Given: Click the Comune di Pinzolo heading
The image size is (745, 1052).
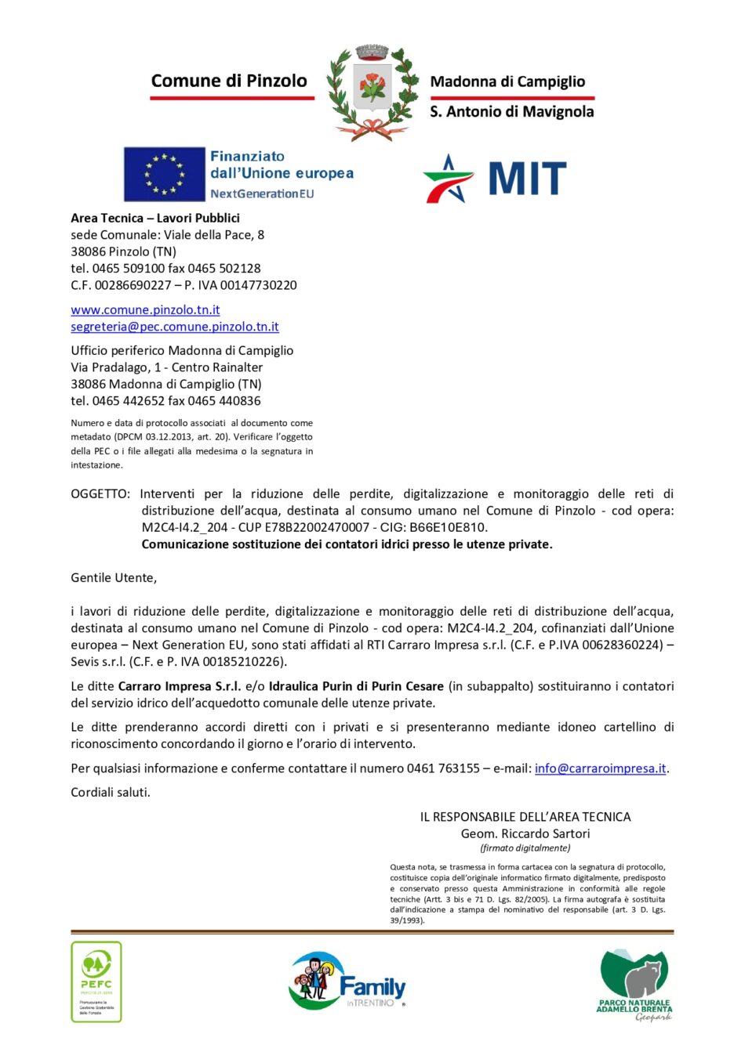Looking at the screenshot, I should (x=229, y=81).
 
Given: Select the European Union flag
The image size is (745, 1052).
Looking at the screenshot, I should (x=164, y=174).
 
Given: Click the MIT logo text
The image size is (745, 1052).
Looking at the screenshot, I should (x=526, y=179).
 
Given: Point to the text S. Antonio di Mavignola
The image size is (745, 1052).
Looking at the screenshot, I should (x=511, y=112).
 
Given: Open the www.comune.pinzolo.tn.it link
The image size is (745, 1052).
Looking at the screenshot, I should (x=145, y=310).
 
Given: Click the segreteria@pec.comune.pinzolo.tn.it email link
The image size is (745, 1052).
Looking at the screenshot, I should (x=174, y=327).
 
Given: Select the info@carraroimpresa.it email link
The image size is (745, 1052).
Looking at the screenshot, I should (x=600, y=768).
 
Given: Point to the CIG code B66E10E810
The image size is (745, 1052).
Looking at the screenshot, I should (x=453, y=528).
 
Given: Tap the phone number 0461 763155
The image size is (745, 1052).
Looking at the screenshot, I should (x=443, y=768).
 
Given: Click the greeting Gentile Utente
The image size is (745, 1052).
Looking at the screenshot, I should (x=114, y=578).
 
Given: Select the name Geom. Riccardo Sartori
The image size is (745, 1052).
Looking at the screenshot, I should (x=525, y=833).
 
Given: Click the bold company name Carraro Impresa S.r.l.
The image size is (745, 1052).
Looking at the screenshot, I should (x=180, y=686).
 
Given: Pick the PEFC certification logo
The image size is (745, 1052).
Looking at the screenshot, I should (x=96, y=981).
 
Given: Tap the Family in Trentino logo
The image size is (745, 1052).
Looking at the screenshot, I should (x=347, y=982).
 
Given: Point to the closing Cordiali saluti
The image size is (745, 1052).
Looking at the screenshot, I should (x=111, y=793).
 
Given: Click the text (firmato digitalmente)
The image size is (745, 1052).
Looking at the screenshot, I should (x=525, y=848).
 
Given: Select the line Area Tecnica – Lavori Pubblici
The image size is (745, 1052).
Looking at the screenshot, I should (x=155, y=219).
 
